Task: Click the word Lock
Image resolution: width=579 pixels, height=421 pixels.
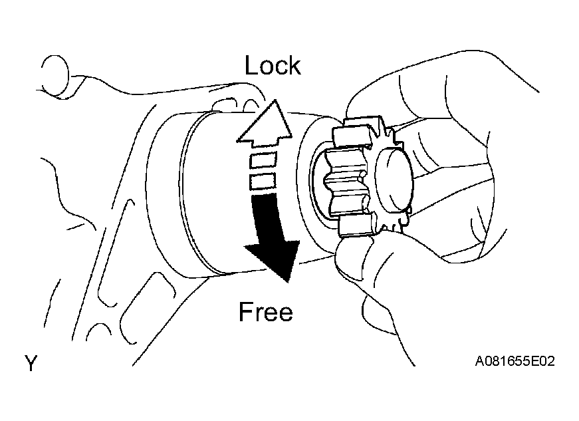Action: [273, 65]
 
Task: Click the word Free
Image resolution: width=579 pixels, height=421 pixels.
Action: [266, 311]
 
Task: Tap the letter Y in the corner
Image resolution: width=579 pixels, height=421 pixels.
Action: [31, 363]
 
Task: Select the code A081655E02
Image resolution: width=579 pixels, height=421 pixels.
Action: [515, 360]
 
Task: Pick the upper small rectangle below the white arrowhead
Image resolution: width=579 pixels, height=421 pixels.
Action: [263, 160]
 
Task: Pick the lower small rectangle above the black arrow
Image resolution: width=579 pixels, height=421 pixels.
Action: [263, 182]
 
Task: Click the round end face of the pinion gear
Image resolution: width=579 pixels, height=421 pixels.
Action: [394, 179]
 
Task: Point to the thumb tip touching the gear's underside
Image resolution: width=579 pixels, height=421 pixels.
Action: [351, 251]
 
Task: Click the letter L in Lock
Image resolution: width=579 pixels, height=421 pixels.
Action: [251, 65]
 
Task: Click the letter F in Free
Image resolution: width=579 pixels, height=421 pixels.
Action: [246, 311]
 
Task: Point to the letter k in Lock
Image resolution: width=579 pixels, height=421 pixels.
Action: [294, 65]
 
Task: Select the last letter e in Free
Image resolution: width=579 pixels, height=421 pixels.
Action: [286, 315]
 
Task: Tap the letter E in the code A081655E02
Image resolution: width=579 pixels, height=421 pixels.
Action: [534, 360]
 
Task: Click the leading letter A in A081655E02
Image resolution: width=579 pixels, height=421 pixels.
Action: [480, 360]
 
